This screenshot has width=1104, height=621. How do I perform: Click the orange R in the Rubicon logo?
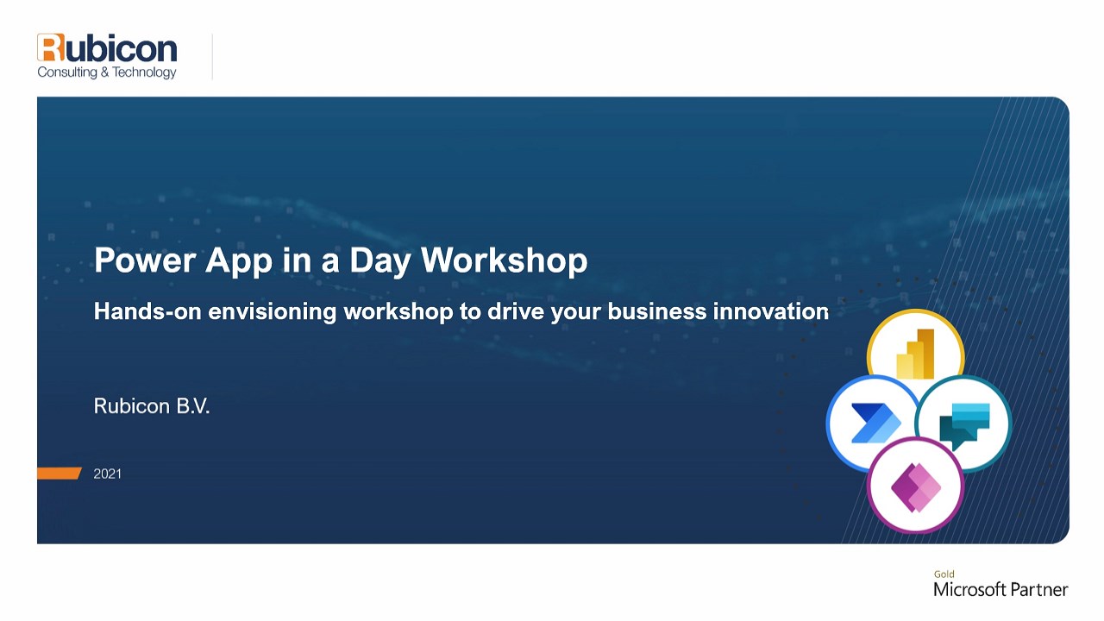click(x=51, y=47)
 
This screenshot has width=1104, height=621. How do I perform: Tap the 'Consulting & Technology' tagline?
click(x=107, y=72)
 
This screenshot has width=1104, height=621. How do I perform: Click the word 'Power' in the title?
click(x=145, y=260)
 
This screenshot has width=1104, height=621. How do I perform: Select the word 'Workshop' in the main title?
click(x=504, y=260)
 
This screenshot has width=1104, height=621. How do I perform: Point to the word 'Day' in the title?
click(x=379, y=261)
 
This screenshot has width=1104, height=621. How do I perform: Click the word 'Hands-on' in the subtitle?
click(x=147, y=311)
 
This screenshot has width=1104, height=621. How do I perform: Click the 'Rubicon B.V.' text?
click(x=152, y=406)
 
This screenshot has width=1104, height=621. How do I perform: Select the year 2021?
click(x=108, y=474)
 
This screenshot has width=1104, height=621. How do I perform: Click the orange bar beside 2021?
click(x=60, y=474)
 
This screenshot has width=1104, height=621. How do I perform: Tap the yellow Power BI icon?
click(x=915, y=354)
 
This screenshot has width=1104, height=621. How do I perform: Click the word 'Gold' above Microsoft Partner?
click(x=944, y=574)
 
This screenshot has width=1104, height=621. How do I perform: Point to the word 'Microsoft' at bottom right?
click(x=969, y=589)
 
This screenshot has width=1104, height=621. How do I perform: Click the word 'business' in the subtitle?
click(x=657, y=311)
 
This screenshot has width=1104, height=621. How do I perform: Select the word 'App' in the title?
click(x=239, y=261)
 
